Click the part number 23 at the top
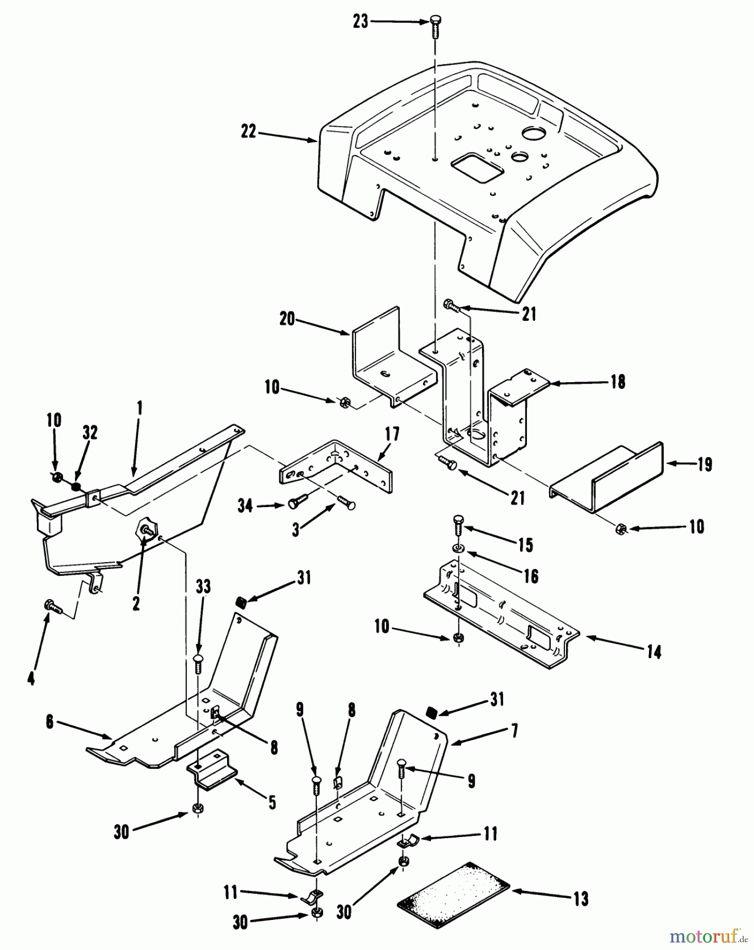pos(361,23)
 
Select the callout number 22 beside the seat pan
pos(248,131)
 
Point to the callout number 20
pos(287,319)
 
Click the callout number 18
pos(618,382)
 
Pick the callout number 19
pos(704,465)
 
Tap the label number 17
pos(392,434)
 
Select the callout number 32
pos(90,433)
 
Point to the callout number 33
pos(203,587)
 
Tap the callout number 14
pos(654,652)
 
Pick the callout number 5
pos(272,803)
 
